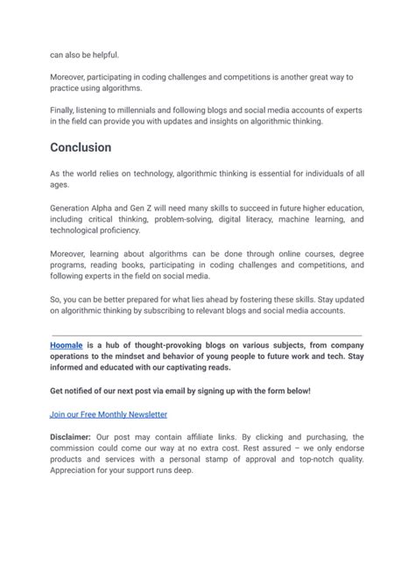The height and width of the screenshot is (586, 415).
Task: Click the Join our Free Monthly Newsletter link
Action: (109, 413)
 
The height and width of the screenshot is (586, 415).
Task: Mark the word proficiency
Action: (116, 230)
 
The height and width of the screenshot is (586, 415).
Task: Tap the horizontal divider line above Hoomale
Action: (207, 335)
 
